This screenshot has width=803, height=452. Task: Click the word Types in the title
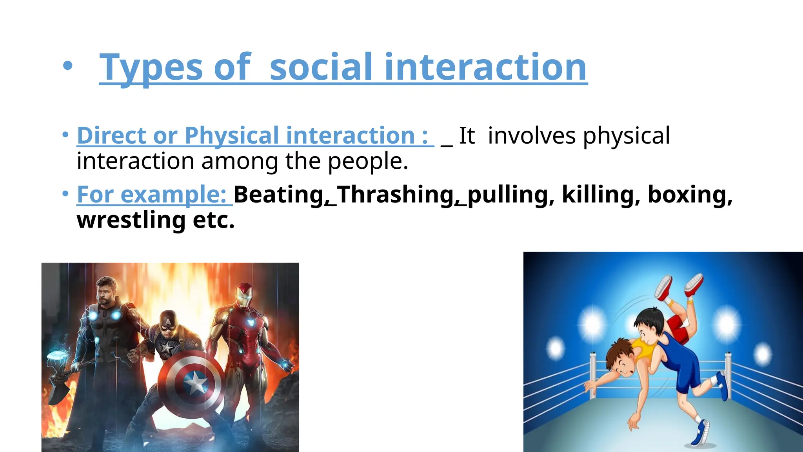point(151,67)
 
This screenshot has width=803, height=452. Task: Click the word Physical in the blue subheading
point(231,136)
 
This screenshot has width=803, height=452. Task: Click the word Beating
point(278,195)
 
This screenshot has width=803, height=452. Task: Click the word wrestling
point(131,220)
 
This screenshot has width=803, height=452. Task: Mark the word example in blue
point(173,195)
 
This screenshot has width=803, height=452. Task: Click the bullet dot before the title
point(68,66)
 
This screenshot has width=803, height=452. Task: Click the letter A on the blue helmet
point(168,322)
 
